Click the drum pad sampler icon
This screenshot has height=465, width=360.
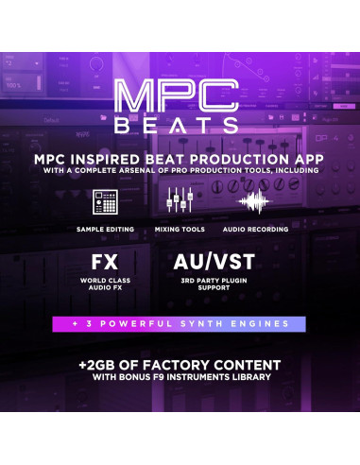click(x=105, y=202)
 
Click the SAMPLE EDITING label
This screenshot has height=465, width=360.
click(x=106, y=230)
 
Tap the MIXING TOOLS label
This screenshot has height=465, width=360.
click(x=180, y=230)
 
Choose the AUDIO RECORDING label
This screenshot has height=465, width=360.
click(x=253, y=230)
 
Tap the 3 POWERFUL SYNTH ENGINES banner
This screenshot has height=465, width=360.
click(x=180, y=324)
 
